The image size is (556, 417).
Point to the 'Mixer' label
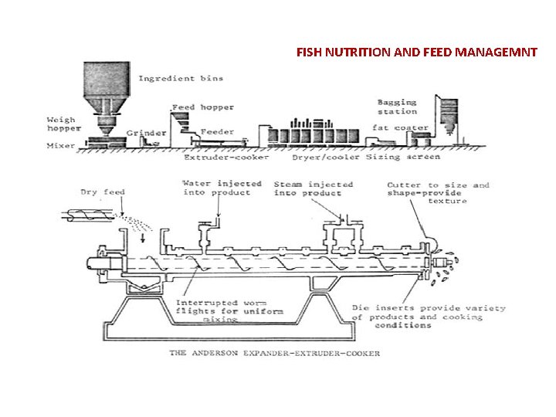(x=60, y=145)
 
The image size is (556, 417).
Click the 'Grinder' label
(x=146, y=133)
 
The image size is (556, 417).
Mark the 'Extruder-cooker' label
(x=226, y=158)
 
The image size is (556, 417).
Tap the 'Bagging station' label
(x=397, y=107)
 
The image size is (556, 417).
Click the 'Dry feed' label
(x=102, y=192)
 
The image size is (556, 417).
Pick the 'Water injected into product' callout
(x=222, y=188)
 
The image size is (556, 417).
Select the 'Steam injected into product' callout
(x=313, y=188)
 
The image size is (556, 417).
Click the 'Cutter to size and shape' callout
(x=438, y=192)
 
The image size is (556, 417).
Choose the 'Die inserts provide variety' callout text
(x=429, y=317)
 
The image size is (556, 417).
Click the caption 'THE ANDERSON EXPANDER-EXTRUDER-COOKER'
(x=275, y=354)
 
